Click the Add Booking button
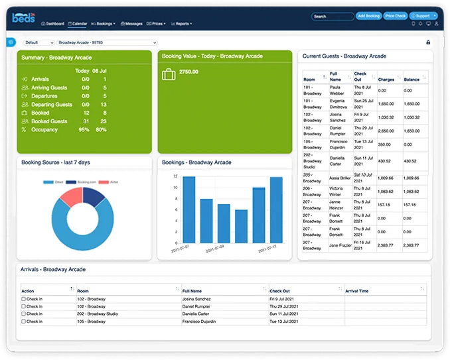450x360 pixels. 368,16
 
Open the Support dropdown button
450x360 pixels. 424,16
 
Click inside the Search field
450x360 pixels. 332,16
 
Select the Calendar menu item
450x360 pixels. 77,24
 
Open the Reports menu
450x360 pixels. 182,24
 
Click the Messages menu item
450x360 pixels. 132,24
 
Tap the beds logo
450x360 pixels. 23,18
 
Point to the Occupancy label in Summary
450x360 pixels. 44,130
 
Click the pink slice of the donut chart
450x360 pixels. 72,196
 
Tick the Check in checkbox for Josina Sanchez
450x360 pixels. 23,299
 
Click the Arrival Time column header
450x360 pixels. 357,291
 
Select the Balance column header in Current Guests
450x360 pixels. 412,80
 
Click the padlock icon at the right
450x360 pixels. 427,42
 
